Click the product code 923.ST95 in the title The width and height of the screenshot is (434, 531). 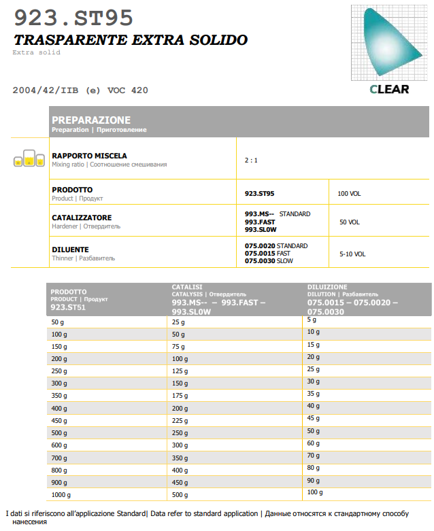[73, 18]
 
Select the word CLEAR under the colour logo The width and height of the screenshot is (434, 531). [389, 89]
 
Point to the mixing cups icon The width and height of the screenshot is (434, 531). [24, 159]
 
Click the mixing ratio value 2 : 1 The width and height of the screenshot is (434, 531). [251, 160]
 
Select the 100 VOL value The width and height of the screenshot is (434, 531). [349, 194]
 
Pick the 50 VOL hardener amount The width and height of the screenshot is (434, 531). [349, 222]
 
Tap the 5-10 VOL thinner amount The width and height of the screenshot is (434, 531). [352, 254]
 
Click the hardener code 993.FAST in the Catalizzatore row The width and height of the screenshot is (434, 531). [261, 222]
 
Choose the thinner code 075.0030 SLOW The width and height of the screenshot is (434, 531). [269, 261]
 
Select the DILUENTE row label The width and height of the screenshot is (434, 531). [70, 250]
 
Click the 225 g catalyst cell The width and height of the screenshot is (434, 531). [180, 420]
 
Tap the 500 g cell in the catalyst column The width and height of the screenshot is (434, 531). [180, 494]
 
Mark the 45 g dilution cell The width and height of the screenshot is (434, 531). [313, 418]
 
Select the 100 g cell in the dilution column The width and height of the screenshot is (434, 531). [314, 492]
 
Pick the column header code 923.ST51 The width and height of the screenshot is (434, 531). [68, 307]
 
